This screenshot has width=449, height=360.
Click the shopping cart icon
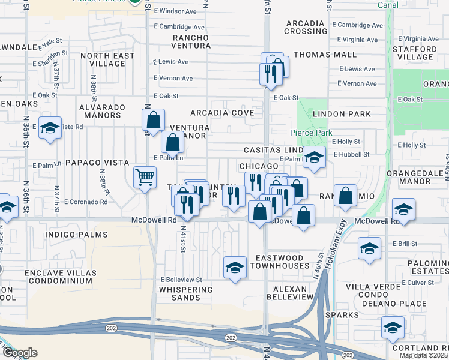pyautogui.click(x=145, y=178)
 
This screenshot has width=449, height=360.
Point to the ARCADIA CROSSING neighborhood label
pyautogui.click(x=306, y=27)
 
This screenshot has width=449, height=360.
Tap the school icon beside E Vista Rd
pyautogui.click(x=50, y=128)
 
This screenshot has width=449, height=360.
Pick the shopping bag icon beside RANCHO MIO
pyautogui.click(x=345, y=196)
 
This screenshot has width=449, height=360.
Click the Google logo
pyautogui.click(x=20, y=353)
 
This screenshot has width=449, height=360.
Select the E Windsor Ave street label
pyautogui.click(x=175, y=11)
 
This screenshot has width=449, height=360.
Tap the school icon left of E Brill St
pyautogui.click(x=369, y=247)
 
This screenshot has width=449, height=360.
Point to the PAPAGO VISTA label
pyautogui.click(x=97, y=163)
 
